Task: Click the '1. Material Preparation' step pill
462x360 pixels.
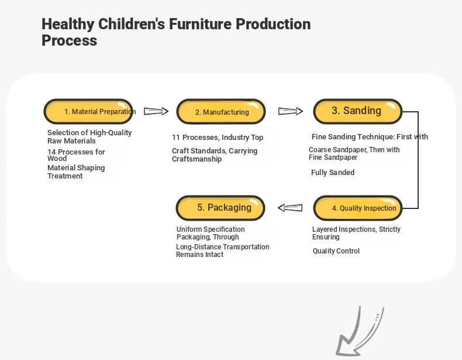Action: tap(88, 111)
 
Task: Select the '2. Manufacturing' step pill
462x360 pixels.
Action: tap(221, 111)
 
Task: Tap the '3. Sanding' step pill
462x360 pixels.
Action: tap(358, 111)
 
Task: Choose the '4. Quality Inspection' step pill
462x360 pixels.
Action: tap(358, 208)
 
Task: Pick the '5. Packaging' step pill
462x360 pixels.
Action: tap(220, 208)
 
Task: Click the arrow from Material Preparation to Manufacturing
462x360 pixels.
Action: tap(156, 111)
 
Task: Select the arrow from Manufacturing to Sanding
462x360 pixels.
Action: tap(291, 111)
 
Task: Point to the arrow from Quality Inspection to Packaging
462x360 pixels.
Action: tap(290, 208)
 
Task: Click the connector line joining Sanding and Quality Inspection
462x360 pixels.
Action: tap(418, 160)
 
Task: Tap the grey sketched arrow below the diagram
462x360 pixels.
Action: tap(360, 332)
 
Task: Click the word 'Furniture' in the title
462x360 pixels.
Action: tap(200, 24)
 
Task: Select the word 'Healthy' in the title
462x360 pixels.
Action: tap(68, 24)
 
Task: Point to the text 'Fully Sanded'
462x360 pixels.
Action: tap(333, 173)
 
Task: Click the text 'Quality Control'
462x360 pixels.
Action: tap(336, 251)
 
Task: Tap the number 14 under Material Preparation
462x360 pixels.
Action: tap(51, 152)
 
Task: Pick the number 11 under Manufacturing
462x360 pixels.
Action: tap(176, 138)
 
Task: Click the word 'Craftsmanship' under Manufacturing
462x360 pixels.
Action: tap(197, 159)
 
